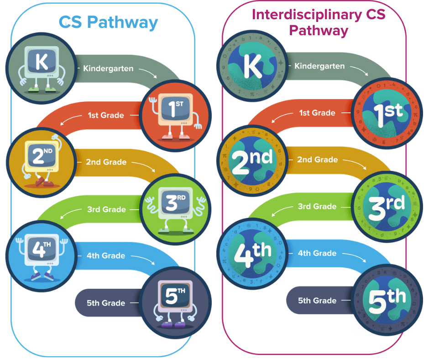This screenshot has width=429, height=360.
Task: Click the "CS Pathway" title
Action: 108,22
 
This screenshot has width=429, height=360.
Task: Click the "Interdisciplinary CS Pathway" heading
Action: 319,22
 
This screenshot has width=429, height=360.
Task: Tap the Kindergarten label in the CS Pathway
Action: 108,69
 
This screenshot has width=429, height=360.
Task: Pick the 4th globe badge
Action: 252,253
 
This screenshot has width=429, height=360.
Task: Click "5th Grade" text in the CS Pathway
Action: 106,303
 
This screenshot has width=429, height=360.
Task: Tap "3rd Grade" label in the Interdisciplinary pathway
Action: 318,206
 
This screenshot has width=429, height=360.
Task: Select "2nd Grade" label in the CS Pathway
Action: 106,162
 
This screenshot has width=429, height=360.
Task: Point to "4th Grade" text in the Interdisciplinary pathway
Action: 317,253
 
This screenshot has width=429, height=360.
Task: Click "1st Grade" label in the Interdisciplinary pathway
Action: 317,113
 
